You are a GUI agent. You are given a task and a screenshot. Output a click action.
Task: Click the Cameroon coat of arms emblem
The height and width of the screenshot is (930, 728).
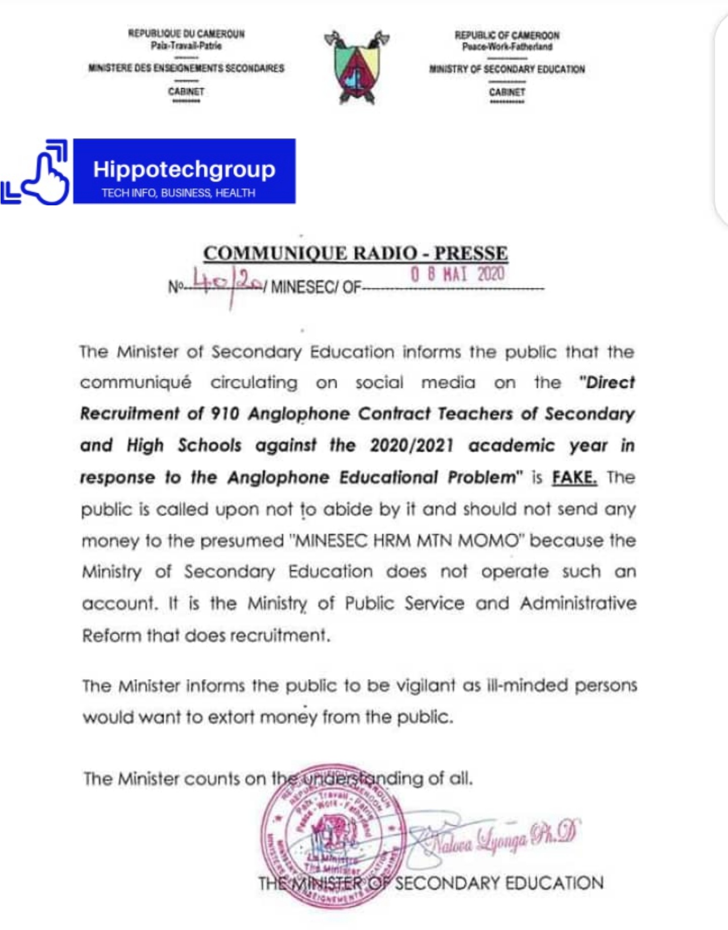coord(357,67)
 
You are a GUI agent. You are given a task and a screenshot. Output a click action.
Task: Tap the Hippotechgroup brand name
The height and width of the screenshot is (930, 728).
coord(184,169)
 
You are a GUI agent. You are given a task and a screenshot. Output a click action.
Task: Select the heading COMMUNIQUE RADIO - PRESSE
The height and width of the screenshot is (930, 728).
coord(355,253)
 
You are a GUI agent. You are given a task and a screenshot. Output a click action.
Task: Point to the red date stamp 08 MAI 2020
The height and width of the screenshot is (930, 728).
coord(457,274)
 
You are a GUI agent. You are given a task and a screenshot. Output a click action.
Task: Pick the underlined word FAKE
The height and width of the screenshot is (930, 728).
coord(574,477)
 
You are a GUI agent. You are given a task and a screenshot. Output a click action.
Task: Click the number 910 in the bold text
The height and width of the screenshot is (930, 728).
coord(225,414)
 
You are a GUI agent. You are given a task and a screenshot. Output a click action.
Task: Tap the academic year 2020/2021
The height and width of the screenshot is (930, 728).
coord(412,445)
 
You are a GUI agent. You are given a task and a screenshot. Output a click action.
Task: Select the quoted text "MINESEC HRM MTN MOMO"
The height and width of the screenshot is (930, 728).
coord(406,540)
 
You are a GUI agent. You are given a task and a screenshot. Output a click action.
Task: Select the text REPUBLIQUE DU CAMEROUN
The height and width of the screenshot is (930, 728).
coord(186,34)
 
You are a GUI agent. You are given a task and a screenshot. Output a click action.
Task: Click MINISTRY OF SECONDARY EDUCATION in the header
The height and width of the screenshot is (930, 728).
coord(507,69)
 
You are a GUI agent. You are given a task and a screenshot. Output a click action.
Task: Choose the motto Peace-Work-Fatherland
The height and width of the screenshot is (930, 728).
coord(507,47)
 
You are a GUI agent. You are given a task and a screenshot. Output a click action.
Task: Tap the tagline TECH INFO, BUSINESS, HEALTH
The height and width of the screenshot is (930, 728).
coord(179,193)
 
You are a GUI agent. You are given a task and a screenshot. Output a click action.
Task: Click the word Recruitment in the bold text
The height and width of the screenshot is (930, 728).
coord(130,414)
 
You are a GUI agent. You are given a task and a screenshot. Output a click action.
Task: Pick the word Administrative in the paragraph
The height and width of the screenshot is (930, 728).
coord(578,603)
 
